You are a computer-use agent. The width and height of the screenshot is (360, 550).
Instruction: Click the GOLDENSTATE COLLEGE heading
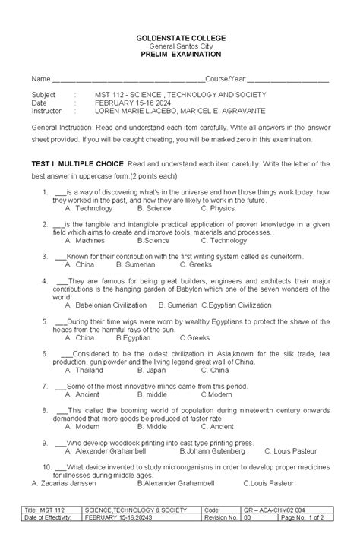(180, 37)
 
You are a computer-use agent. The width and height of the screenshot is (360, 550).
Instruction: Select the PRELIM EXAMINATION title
(180, 55)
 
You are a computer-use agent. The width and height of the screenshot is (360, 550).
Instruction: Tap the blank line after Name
(128, 79)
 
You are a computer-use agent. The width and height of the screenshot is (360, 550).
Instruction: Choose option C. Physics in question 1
(217, 207)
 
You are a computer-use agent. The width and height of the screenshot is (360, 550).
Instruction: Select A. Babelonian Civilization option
(106, 304)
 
